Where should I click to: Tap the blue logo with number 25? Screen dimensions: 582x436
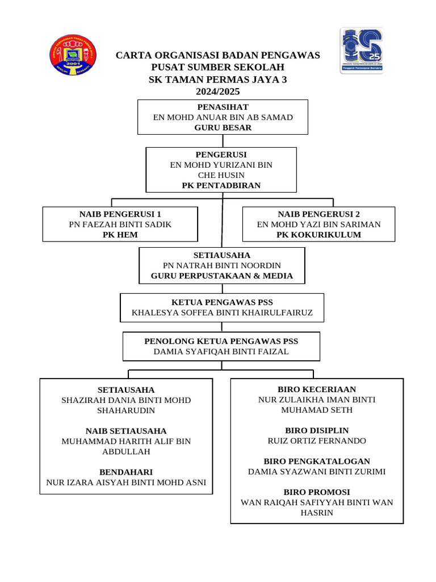(361, 51)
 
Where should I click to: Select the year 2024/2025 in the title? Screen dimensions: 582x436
(218, 92)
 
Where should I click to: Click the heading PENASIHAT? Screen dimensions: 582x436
(223, 107)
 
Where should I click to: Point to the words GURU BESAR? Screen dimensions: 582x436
(223, 128)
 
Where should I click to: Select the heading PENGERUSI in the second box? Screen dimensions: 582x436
(221, 155)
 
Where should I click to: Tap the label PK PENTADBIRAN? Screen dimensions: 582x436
(221, 185)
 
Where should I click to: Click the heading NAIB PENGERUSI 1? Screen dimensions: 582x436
(120, 214)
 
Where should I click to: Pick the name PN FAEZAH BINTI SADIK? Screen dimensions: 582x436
(120, 225)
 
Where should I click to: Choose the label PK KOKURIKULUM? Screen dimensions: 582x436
(319, 235)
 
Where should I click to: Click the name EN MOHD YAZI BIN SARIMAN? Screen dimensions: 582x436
(319, 225)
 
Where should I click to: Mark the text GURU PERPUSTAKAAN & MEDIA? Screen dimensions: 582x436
(222, 276)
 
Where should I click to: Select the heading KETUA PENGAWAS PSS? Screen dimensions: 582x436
(222, 302)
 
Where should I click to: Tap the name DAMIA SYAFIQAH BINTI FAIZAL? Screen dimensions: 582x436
(221, 352)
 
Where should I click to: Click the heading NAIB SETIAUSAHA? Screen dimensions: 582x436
(126, 431)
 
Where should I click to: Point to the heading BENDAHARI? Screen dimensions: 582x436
(126, 472)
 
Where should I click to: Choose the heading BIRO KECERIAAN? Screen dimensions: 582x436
(317, 389)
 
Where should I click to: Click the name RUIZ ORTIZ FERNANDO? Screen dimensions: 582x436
(317, 440)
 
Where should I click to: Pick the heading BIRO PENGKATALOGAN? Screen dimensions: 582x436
(317, 461)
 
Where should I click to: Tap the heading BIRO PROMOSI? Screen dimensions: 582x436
(317, 492)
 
